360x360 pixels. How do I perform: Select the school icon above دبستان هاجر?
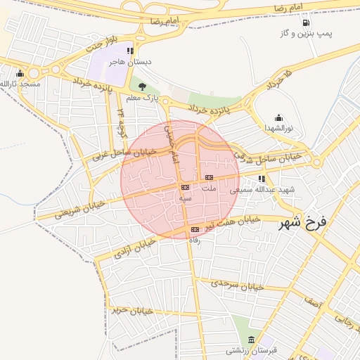tap(130, 51)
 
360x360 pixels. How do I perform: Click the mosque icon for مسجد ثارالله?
tap(20, 74)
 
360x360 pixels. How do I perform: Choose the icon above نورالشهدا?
tap(279, 117)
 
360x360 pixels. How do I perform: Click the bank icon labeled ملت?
tap(209, 177)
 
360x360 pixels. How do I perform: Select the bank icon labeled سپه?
tap(185, 187)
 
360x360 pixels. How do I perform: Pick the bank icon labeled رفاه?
tap(195, 229)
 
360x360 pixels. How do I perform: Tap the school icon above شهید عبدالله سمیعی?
tap(262, 179)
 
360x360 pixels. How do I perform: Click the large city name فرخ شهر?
tap(303, 224)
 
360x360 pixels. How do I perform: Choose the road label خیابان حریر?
tap(131, 309)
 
